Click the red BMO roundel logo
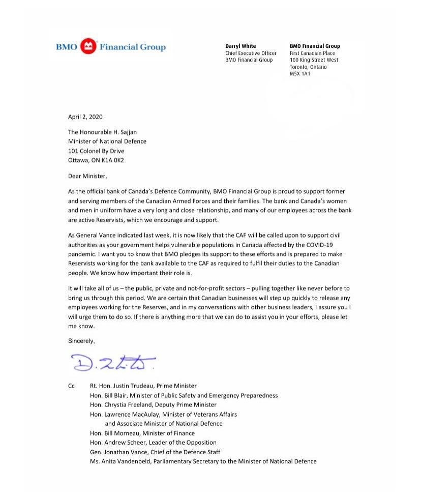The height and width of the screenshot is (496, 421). (88, 47)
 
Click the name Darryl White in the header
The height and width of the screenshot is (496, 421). (240, 46)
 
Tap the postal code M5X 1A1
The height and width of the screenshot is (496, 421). (300, 74)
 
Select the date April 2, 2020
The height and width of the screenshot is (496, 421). (85, 116)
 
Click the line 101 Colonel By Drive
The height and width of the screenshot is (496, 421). (96, 151)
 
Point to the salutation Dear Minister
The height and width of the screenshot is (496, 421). (87, 176)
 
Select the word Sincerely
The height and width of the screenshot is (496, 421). (81, 341)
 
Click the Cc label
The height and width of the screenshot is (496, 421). (71, 386)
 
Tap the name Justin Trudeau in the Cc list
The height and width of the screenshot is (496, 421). (133, 386)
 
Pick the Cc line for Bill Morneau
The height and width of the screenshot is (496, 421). (142, 433)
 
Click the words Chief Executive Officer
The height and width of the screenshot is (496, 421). (251, 53)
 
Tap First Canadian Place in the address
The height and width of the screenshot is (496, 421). (312, 53)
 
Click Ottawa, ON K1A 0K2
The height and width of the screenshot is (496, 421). (96, 160)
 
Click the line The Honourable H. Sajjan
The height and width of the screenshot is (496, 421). (102, 132)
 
